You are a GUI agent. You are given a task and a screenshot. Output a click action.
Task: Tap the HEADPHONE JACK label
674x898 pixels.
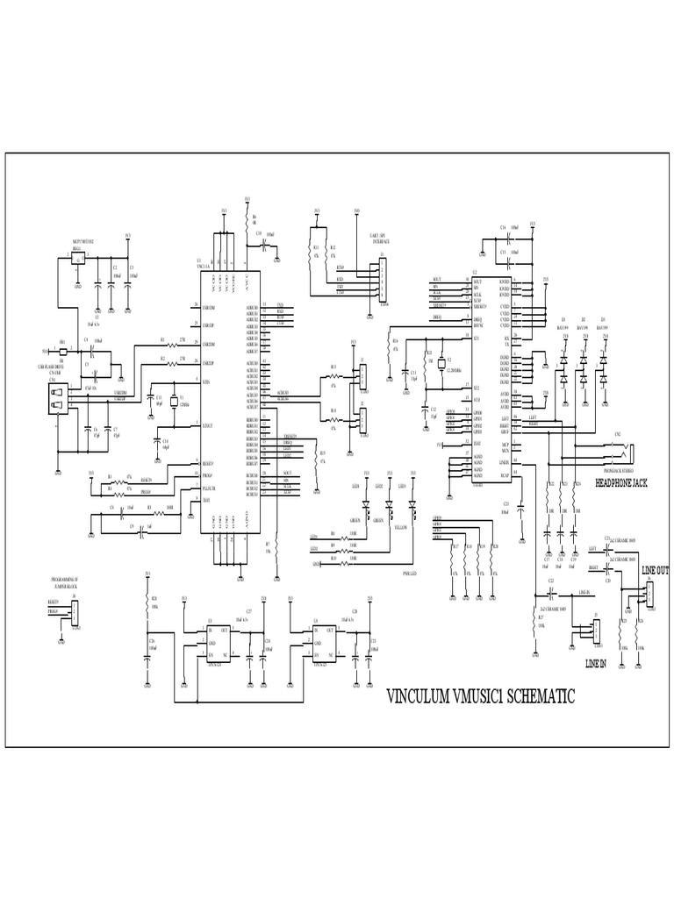[x=624, y=482]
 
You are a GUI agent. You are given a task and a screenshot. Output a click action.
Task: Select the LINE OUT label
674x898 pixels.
[x=655, y=570]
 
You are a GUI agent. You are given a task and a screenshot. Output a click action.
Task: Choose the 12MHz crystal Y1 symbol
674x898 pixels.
[x=174, y=402]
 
